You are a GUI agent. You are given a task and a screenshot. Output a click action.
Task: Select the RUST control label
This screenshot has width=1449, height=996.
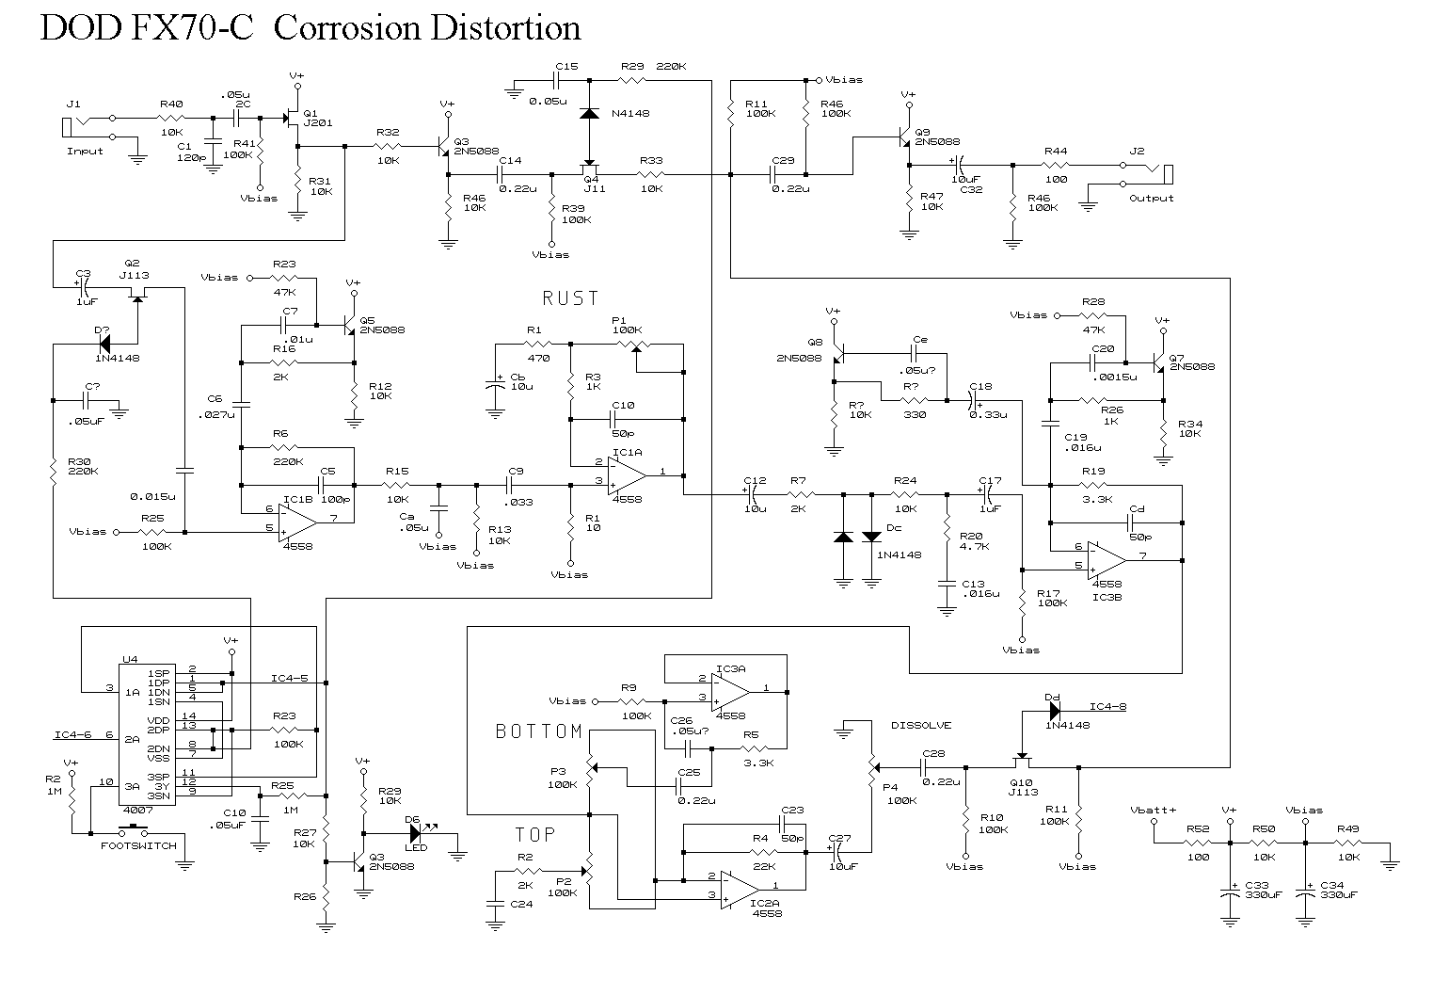pyautogui.click(x=570, y=298)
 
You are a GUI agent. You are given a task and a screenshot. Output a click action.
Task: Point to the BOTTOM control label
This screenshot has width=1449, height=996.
pyautogui.click(x=539, y=731)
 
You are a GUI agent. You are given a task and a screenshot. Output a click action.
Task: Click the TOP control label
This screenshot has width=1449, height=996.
pyautogui.click(x=534, y=834)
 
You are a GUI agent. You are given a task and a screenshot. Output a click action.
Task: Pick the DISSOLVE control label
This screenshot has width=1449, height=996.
pyautogui.click(x=921, y=725)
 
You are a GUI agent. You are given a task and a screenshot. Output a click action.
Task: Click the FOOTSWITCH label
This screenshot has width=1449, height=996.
pyautogui.click(x=138, y=845)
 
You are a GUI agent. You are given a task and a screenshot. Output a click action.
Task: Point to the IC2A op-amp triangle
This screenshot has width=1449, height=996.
pyautogui.click(x=740, y=888)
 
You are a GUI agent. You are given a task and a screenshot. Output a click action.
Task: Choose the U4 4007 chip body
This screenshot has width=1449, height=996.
pyautogui.click(x=146, y=733)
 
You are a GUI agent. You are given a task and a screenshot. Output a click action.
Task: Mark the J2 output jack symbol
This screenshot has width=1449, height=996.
pyautogui.click(x=1165, y=173)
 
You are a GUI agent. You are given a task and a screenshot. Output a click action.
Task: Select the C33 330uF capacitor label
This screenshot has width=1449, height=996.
pyautogui.click(x=1264, y=891)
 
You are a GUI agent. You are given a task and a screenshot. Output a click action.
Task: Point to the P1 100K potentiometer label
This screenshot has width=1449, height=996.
pyautogui.click(x=627, y=326)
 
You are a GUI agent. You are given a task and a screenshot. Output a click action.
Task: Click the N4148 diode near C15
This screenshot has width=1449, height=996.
pyautogui.click(x=589, y=113)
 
